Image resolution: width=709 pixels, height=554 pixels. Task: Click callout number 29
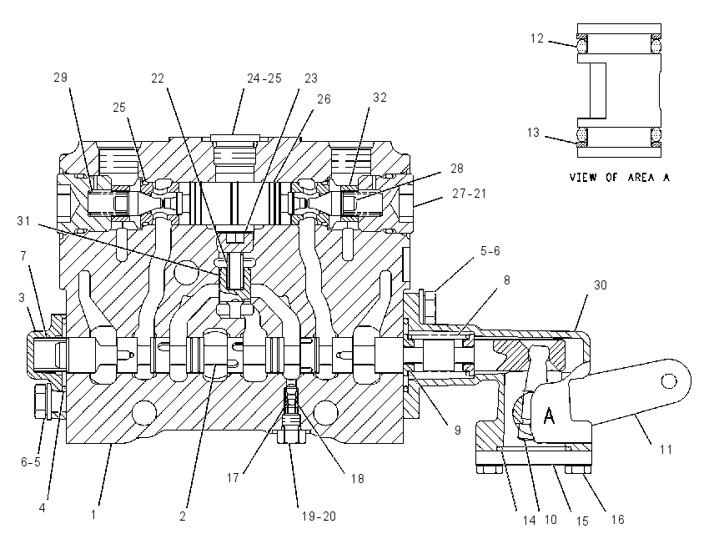(61, 78)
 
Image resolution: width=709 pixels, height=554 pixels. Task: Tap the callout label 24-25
(264, 78)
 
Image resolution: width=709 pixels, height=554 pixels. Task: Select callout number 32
(380, 98)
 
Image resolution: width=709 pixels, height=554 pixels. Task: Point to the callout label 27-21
(469, 194)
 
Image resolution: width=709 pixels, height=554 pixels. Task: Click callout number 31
(23, 221)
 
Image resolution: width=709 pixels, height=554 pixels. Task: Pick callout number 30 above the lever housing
(600, 285)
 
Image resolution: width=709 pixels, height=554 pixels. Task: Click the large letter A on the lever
(549, 415)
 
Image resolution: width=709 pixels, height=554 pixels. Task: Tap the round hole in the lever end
(669, 381)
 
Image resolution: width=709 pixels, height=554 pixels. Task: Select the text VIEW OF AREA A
(619, 177)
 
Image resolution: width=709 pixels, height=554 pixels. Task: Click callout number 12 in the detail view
(536, 38)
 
